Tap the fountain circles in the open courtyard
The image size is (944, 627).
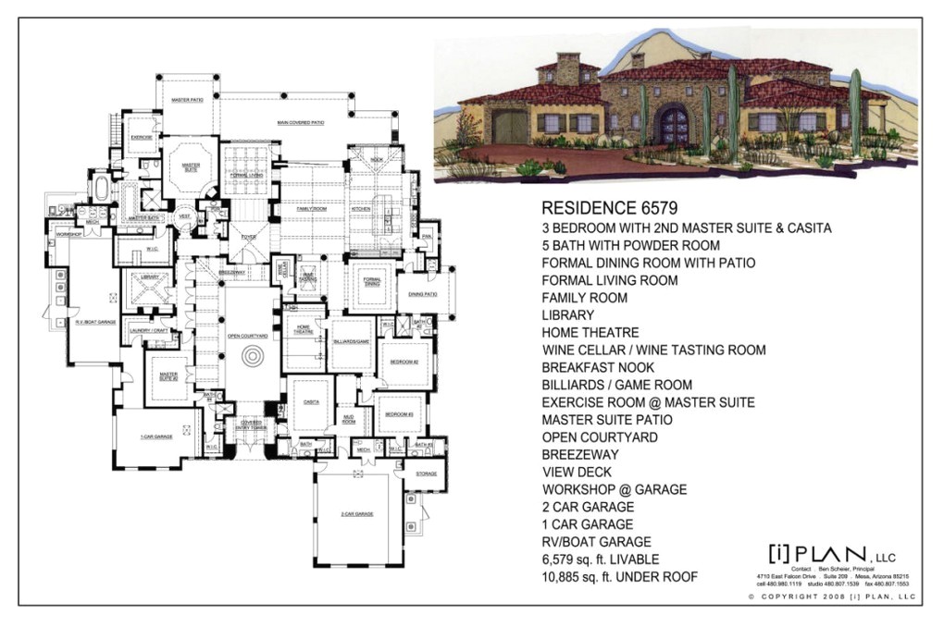(x=250, y=356)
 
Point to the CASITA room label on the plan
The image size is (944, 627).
(x=311, y=402)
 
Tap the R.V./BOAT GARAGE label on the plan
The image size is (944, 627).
(x=95, y=322)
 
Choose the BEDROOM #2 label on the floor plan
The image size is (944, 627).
(x=404, y=362)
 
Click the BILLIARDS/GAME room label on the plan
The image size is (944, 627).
(x=351, y=341)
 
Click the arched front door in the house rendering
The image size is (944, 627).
(x=673, y=125)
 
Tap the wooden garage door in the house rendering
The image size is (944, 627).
(x=509, y=127)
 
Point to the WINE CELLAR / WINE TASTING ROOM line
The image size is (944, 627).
(x=653, y=350)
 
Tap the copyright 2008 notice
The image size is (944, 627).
(x=831, y=597)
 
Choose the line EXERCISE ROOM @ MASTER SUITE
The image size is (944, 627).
(x=648, y=402)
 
